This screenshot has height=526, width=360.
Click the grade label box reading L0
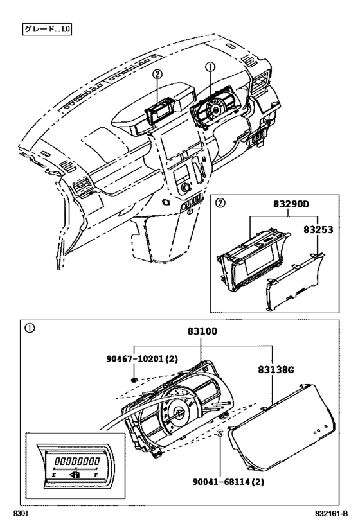[47, 29]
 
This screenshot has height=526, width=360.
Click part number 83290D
[291, 204]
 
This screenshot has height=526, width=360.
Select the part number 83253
[318, 229]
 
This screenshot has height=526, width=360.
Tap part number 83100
[202, 331]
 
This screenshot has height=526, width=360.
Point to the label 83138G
[276, 369]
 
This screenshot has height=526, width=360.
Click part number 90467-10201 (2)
[142, 358]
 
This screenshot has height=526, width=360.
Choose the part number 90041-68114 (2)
[228, 482]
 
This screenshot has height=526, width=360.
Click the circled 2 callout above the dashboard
[157, 74]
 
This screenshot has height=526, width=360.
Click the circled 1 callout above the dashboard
[210, 67]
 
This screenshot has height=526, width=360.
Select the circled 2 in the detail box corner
[220, 203]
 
